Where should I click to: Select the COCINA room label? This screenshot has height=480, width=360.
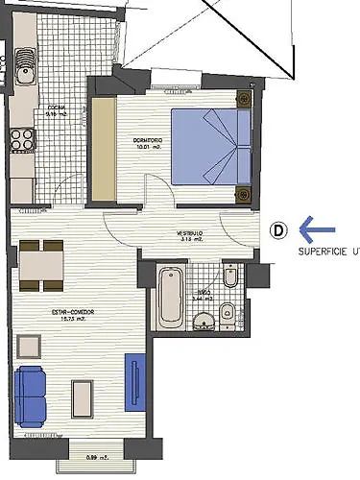click(58, 108)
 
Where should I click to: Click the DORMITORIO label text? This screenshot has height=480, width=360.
click(147, 142)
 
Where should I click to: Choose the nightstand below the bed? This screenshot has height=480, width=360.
click(243, 195)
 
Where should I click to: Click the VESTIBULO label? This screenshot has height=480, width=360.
click(188, 234)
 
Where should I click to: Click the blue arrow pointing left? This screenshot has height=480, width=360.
click(319, 229)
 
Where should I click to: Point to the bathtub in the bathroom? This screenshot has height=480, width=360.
click(171, 294)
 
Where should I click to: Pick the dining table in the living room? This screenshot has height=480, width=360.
click(41, 264)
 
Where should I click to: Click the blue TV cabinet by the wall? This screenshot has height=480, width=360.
click(136, 382)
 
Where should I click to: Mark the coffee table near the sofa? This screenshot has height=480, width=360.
click(83, 399)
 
